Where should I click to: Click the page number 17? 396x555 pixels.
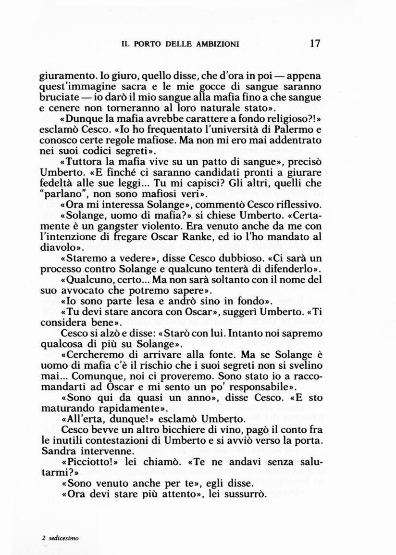click(x=315, y=43)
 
